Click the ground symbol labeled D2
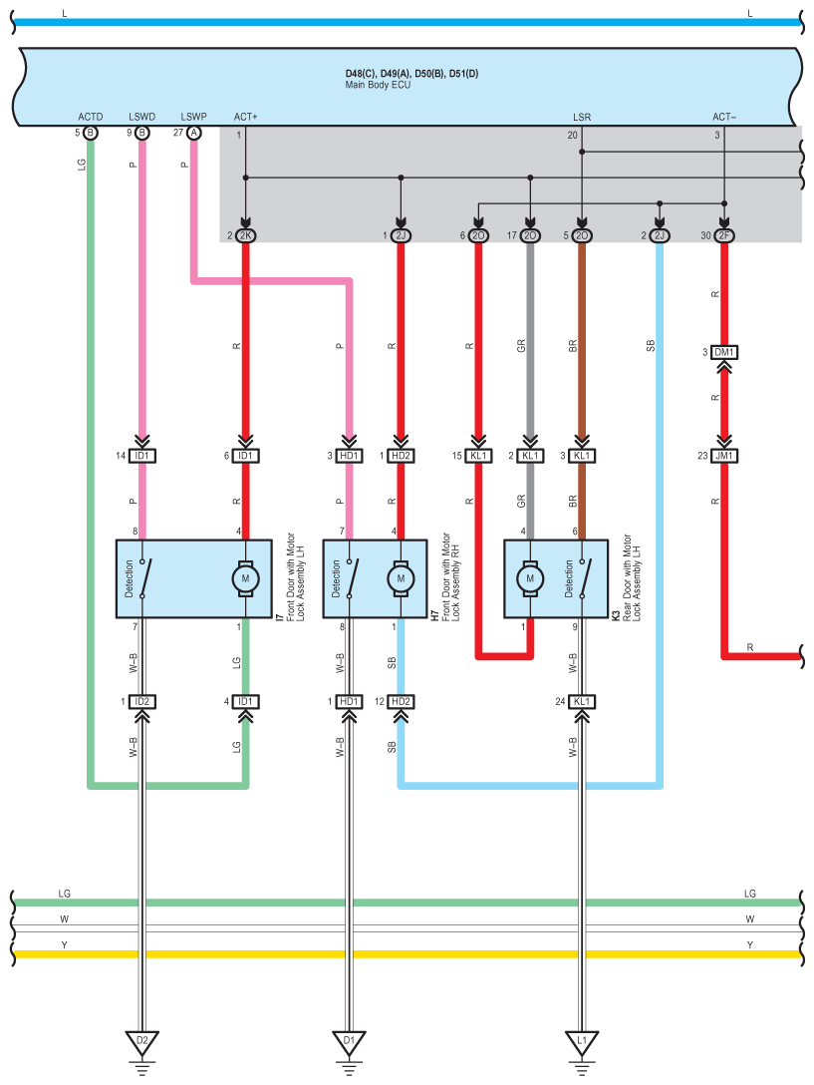141,1041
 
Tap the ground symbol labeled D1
349,1041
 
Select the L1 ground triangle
582,1041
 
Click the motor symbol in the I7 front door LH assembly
245,578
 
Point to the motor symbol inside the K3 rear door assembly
530,578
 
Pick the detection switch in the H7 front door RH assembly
353,578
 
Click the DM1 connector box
724,352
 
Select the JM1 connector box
724,456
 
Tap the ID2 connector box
141,702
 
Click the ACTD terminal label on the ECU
91,117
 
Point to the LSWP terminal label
193,117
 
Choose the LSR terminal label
582,118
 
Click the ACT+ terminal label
245,117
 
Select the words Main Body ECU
378,85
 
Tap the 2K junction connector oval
245,236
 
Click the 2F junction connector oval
724,236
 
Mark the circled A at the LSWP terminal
194,133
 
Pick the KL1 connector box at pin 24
582,702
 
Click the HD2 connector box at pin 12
401,702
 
